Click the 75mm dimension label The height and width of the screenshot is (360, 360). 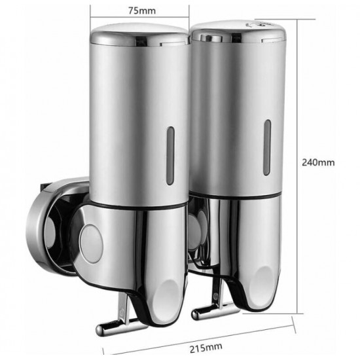pos(142,10)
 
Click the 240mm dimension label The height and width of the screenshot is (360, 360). pos(318,162)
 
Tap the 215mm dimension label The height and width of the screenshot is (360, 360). pos(206,348)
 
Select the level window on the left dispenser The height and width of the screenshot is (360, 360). pos(170,156)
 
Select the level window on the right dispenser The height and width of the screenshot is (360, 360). pos(267,148)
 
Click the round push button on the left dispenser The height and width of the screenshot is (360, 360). pos(91,243)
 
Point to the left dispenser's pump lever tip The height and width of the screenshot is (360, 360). pos(100,330)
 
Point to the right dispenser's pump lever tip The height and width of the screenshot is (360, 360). pos(196,315)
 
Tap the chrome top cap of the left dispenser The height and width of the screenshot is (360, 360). pos(139,35)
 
